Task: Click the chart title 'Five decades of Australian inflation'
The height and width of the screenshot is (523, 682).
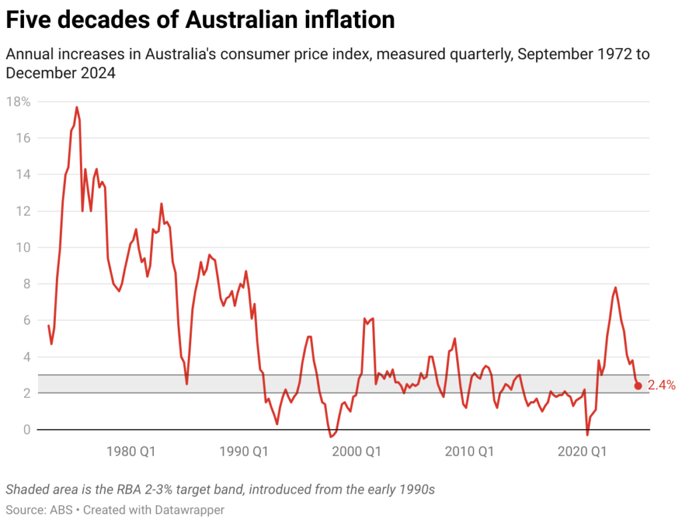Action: pos(200,20)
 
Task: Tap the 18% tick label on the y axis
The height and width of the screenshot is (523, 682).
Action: pos(18,102)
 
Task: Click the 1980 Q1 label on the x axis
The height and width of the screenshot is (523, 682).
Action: pos(132,452)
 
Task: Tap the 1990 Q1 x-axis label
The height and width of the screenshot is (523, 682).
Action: pos(245,452)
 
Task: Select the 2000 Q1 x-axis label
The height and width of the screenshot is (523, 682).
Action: pos(358,452)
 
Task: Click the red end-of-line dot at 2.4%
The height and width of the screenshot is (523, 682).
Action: pos(638,386)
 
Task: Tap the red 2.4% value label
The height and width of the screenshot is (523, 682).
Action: pos(661,385)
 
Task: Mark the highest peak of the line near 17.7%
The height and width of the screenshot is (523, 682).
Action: pos(77,107)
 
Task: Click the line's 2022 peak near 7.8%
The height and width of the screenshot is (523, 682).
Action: pos(615,287)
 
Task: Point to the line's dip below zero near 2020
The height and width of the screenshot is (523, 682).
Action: pos(587,435)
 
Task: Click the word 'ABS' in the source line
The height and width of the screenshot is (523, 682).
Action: pos(57,510)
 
